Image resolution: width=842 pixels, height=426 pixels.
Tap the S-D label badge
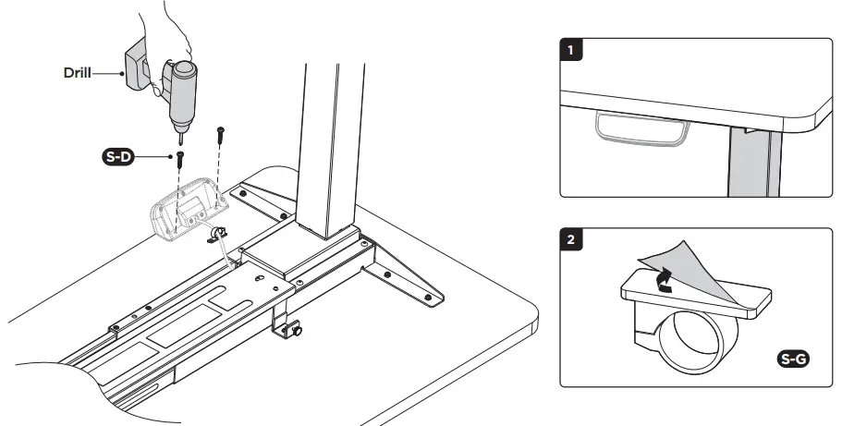tap(117, 158)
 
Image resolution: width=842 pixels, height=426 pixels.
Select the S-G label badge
tap(790, 359)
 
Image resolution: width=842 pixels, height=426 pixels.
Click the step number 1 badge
tap(574, 51)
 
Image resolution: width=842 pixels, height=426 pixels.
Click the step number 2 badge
tap(574, 240)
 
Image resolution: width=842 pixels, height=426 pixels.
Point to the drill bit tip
tap(179, 140)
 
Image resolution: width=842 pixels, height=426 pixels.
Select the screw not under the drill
tap(220, 134)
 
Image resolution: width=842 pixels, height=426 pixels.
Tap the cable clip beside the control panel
tap(218, 237)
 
